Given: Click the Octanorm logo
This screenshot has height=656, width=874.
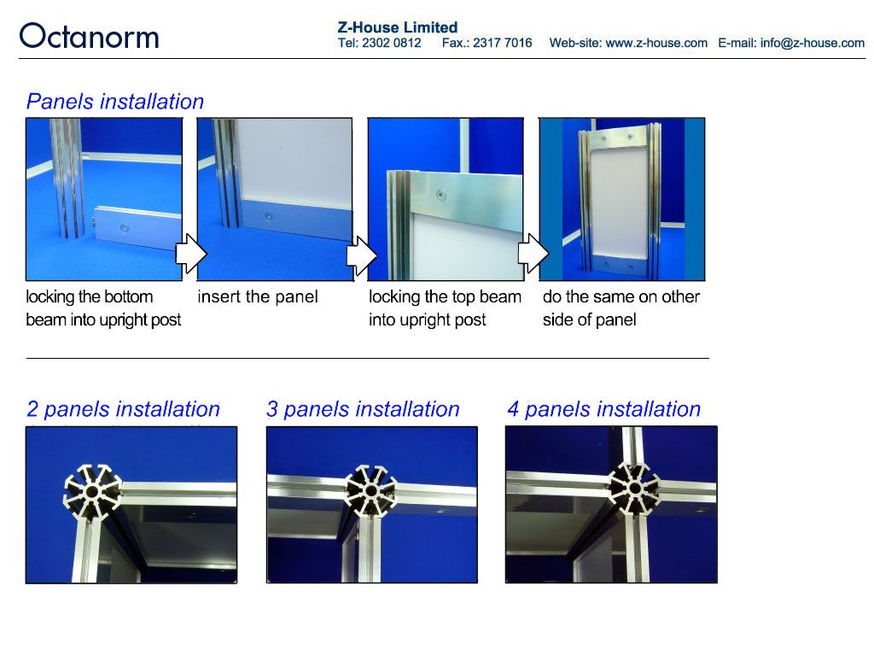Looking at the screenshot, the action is click(x=89, y=37).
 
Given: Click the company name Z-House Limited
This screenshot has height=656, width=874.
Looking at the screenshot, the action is click(x=398, y=27).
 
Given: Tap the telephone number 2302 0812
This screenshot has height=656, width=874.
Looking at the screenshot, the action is click(x=391, y=43).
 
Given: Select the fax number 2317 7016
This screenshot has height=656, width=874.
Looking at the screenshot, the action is click(x=502, y=43).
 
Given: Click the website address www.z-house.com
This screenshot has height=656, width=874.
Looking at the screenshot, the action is click(x=656, y=43).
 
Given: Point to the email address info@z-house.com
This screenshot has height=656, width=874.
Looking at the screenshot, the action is click(x=813, y=43).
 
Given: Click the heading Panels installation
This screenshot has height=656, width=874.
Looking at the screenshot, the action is click(x=115, y=102).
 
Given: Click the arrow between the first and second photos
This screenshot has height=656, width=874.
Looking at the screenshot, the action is click(x=191, y=254).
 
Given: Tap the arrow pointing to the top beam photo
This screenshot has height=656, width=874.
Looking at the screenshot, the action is click(x=362, y=255).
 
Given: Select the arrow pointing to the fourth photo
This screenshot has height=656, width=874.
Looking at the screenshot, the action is click(x=533, y=254).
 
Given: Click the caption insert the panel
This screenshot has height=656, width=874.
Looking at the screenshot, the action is click(x=258, y=296).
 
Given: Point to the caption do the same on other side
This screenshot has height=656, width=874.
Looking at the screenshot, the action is click(x=621, y=307).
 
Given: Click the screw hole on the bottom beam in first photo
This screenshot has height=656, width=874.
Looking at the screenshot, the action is click(x=125, y=227).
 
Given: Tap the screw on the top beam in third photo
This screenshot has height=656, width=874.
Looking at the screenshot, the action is click(x=441, y=195).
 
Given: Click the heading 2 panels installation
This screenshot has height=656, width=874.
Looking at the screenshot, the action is click(x=123, y=409).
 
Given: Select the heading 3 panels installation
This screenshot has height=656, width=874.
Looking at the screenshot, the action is click(x=363, y=409).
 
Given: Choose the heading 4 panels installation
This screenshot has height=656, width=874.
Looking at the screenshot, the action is click(x=603, y=409).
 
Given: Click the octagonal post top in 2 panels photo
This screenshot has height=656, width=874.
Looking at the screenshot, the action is click(x=92, y=492).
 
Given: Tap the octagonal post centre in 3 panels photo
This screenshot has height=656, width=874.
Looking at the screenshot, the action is click(x=370, y=491).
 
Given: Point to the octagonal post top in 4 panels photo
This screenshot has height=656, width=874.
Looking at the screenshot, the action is click(x=634, y=489).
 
